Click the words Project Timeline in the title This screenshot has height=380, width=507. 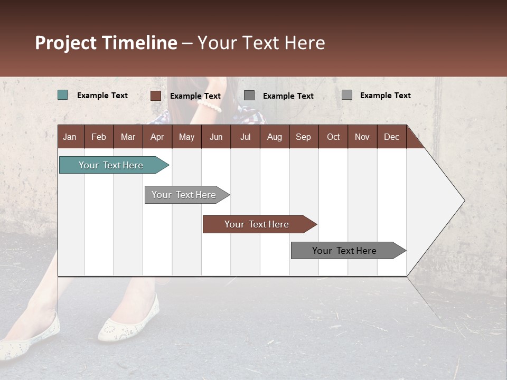(x=106, y=43)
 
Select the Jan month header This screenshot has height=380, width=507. (x=70, y=137)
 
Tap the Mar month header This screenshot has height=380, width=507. (x=128, y=137)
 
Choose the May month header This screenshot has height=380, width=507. (x=186, y=137)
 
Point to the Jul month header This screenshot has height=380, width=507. (x=245, y=137)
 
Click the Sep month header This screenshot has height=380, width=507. (x=303, y=137)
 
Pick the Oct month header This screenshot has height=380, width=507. (x=333, y=137)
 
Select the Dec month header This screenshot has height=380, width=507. (x=391, y=137)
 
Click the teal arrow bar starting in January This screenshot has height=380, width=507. (x=111, y=165)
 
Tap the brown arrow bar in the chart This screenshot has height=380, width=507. (x=257, y=224)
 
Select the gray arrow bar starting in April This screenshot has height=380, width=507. (x=184, y=195)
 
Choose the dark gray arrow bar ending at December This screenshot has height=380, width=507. (x=345, y=251)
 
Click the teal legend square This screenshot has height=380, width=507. (x=63, y=95)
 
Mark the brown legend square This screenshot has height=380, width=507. (x=155, y=96)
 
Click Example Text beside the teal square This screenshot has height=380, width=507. (x=102, y=96)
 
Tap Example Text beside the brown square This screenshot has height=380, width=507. (x=195, y=96)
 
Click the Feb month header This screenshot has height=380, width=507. (x=99, y=137)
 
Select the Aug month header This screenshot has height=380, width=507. (x=274, y=137)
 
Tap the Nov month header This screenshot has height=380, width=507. (x=362, y=137)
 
